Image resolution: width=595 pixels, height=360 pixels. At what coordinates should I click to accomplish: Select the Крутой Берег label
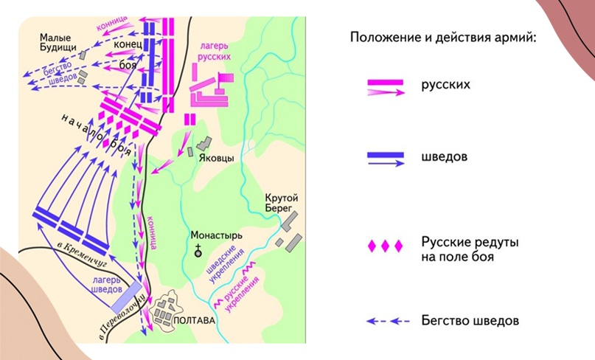[x=284, y=204]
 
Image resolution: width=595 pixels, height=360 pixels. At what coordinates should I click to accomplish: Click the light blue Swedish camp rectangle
[x=126, y=297]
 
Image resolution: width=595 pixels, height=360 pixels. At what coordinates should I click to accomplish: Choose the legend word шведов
[x=445, y=157]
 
